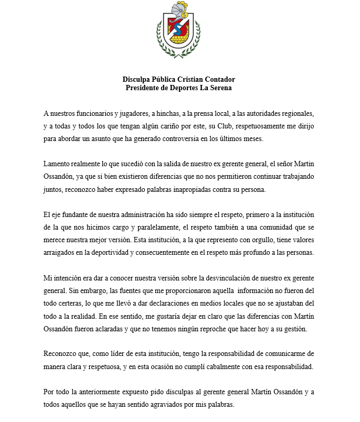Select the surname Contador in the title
[218, 79]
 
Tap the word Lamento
[58, 165]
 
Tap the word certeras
[70, 305]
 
